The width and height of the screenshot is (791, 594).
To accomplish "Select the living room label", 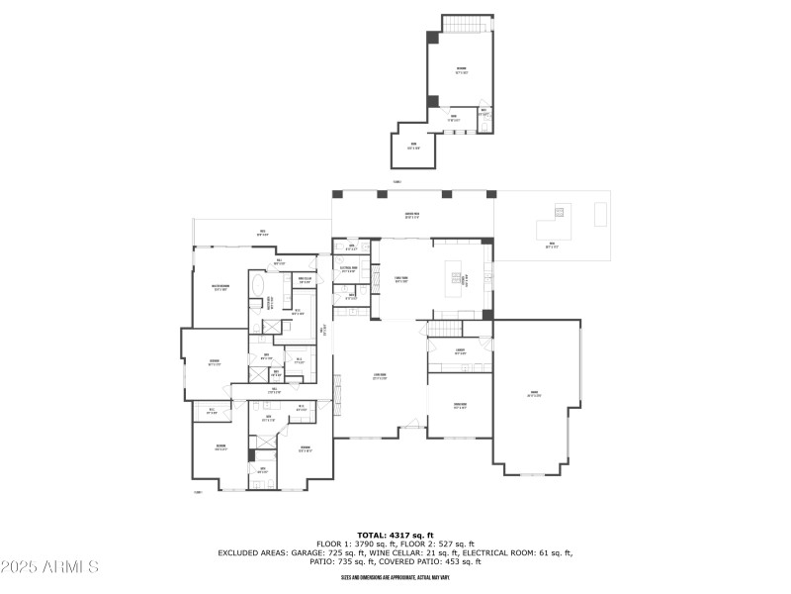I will click(380, 376).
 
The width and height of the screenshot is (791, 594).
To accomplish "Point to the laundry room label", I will click(460, 351).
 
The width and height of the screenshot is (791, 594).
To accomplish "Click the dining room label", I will click(460, 405).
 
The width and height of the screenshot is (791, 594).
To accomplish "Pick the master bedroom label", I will click(220, 289).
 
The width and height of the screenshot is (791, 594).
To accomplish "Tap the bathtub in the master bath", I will click(258, 286).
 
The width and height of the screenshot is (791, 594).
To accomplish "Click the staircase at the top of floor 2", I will click(467, 23).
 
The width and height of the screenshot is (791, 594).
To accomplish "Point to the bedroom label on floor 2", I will click(461, 70).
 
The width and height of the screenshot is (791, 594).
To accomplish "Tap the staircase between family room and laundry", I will click(446, 328).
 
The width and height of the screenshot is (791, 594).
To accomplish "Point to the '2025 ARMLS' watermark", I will click(49, 567).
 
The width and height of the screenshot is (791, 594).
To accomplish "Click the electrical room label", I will click(348, 268).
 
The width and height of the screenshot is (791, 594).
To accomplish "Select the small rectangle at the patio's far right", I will click(600, 213).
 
